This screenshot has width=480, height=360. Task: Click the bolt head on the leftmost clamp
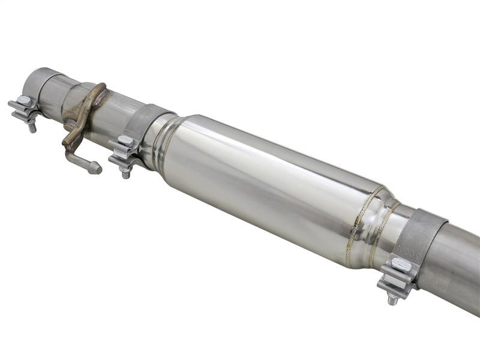pos(23,101)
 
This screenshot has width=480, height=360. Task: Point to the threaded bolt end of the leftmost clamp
pos(32,127)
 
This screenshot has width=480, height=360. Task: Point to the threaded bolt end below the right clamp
pos(392,299)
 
